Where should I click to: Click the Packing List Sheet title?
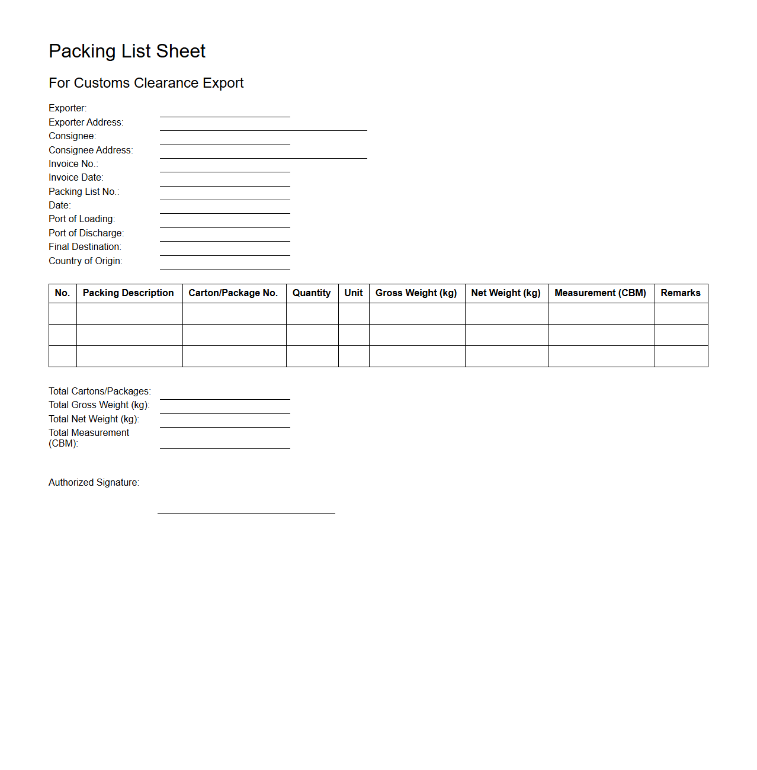pos(127,52)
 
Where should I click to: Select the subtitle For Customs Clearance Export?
pos(146,83)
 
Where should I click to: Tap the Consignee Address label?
pos(91,150)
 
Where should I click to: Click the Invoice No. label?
pos(73,164)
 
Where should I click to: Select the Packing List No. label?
pos(84,192)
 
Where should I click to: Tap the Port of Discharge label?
pos(86,233)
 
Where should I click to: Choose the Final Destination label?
pos(85,247)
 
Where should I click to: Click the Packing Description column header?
pos(129,293)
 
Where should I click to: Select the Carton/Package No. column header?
pos(233,293)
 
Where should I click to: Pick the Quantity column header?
pos(312,293)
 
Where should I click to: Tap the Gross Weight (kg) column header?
pos(416,293)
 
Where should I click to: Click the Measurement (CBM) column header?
pos(601,293)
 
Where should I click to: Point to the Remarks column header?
pos(681,293)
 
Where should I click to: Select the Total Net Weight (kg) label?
pos(94,419)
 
